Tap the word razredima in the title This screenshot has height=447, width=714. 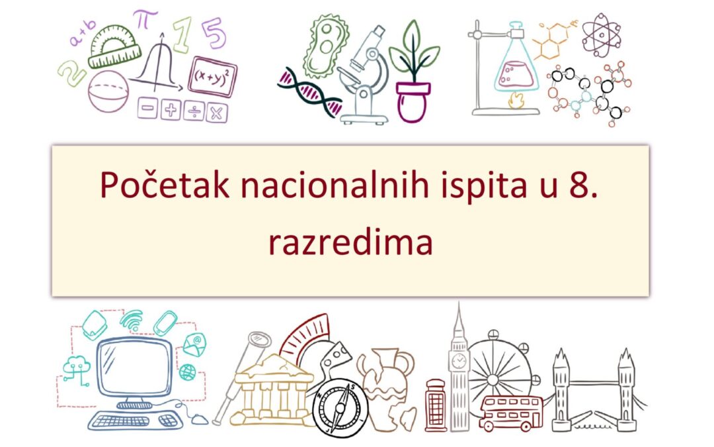coord(350,243)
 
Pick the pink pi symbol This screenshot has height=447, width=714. coord(141,18)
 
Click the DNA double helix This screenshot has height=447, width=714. coord(309,92)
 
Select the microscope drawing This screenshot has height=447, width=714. coord(362,76)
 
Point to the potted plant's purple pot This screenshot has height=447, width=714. coord(413,101)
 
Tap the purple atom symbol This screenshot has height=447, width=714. coord(601,34)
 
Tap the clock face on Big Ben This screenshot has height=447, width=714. coord(457,362)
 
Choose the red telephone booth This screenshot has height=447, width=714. coord(436,405)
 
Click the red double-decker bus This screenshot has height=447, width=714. coord(510,412)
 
